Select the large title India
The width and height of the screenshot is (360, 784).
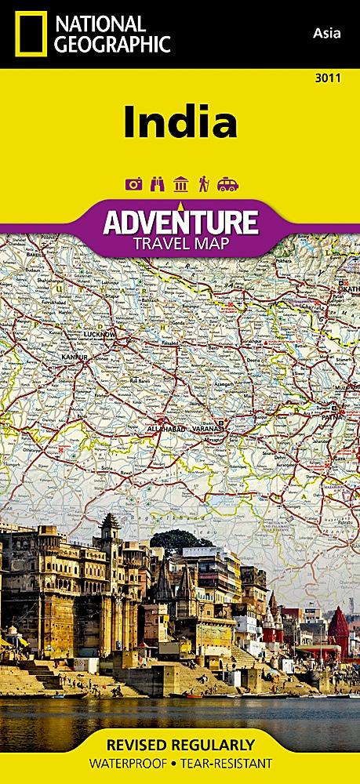tap(180, 122)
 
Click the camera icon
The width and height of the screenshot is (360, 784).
tap(133, 184)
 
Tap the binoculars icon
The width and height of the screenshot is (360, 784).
tap(155, 184)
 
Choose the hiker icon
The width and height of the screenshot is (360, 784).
tap(203, 184)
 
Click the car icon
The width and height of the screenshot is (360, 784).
tap(227, 184)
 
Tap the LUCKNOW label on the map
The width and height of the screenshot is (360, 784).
tap(99, 333)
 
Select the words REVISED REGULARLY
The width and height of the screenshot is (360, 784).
tap(180, 743)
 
